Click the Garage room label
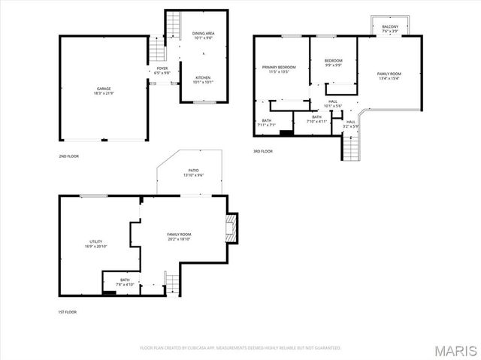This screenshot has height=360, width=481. pyautogui.click(x=103, y=88)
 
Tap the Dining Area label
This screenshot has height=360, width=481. pyautogui.click(x=203, y=34)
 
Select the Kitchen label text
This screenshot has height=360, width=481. pyautogui.click(x=203, y=78)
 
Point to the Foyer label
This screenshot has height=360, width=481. pyautogui.click(x=162, y=68)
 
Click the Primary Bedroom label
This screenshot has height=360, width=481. pyautogui.click(x=279, y=68)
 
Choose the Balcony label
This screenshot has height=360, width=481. pyautogui.click(x=390, y=27)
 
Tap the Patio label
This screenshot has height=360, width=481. pyautogui.click(x=193, y=172)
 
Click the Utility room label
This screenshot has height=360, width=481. pyautogui.click(x=96, y=241)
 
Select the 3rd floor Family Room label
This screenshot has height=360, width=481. pyautogui.click(x=389, y=74)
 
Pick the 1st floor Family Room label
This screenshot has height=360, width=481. pyautogui.click(x=178, y=235)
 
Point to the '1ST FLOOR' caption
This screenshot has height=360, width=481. pyautogui.click(x=68, y=312)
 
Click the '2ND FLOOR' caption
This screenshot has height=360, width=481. pyautogui.click(x=68, y=156)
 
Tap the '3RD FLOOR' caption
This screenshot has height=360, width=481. pyautogui.click(x=262, y=152)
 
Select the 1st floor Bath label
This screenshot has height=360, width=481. pyautogui.click(x=124, y=280)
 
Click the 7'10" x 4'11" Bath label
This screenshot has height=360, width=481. pyautogui.click(x=316, y=119)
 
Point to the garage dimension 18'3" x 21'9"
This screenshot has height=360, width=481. pyautogui.click(x=103, y=93)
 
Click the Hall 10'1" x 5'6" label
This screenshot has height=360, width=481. pyautogui.click(x=333, y=104)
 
